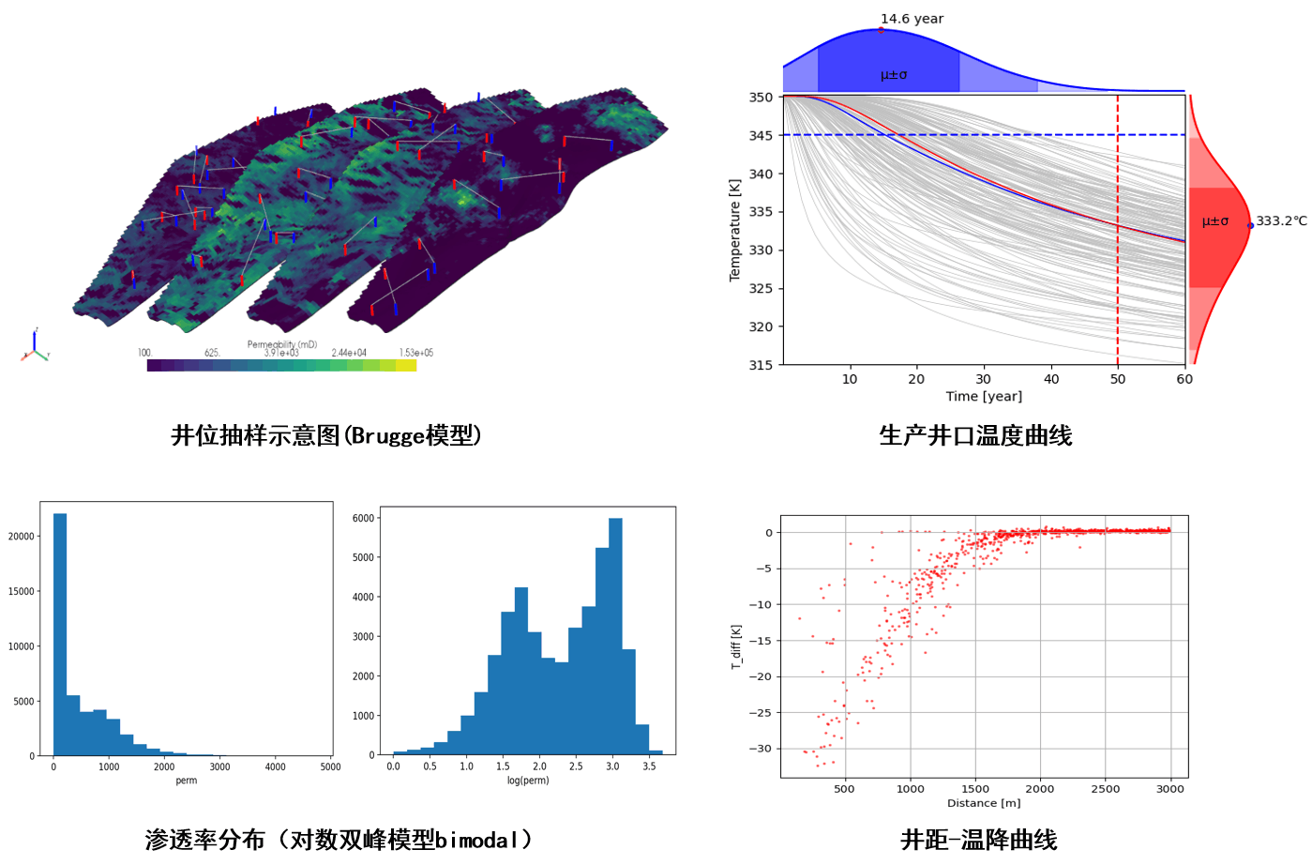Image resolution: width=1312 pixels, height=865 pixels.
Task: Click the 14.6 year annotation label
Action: click(x=912, y=19)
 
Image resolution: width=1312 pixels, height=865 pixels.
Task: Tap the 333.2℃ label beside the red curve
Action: click(x=1281, y=221)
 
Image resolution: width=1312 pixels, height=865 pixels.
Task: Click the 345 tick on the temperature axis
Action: click(x=761, y=135)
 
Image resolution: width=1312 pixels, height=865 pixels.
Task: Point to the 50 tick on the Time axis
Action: click(x=1118, y=379)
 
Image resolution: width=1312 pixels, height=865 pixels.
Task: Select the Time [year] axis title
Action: click(x=984, y=396)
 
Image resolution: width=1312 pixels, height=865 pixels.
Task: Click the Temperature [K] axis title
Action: click(x=734, y=230)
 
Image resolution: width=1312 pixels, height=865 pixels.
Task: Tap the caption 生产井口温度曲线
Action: click(x=975, y=435)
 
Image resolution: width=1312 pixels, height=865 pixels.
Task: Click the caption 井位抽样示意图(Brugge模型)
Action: click(x=326, y=435)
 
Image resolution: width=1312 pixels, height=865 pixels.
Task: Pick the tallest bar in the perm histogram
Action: click(x=60, y=634)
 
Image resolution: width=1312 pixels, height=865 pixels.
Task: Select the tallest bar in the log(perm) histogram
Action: click(x=615, y=636)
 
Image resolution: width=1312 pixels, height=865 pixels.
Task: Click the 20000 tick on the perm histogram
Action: click(x=21, y=537)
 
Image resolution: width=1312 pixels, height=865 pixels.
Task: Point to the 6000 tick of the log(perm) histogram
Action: click(x=363, y=518)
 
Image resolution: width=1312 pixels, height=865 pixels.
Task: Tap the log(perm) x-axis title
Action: click(x=528, y=781)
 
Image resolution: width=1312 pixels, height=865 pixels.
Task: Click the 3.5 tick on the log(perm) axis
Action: click(x=649, y=766)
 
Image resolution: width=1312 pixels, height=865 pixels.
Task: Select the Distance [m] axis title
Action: click(x=984, y=803)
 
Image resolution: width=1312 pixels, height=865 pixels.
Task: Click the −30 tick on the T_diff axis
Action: click(x=762, y=749)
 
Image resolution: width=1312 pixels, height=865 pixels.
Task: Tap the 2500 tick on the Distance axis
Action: click(x=1105, y=789)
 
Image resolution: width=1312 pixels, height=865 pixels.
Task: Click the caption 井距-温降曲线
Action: click(x=978, y=840)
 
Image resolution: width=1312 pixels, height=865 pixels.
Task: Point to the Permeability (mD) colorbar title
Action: click(x=281, y=344)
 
